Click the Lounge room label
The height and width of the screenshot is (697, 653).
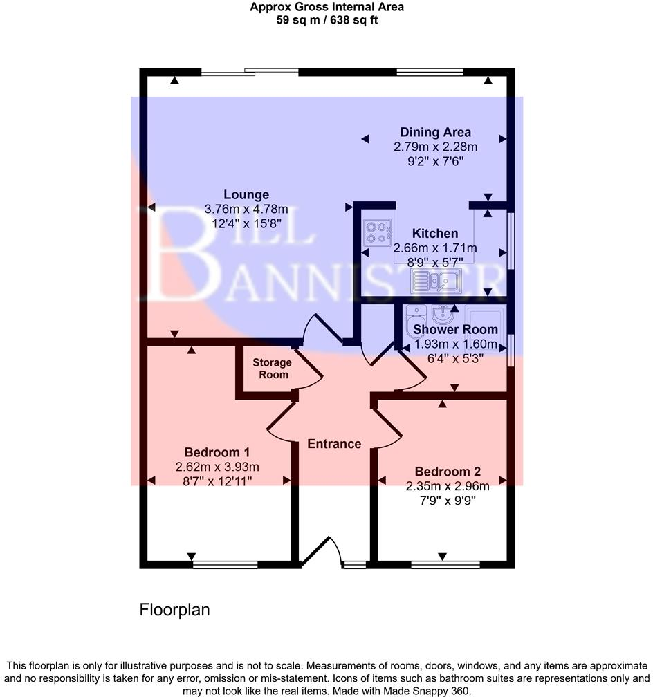click(246, 195)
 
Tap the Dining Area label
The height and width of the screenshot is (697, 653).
click(436, 132)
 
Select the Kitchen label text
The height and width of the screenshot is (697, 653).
click(434, 234)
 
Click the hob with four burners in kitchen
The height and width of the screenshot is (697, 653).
click(377, 232)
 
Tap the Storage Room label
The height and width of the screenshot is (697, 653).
click(272, 369)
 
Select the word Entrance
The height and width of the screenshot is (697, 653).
click(334, 444)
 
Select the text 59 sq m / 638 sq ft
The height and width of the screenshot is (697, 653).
click(326, 20)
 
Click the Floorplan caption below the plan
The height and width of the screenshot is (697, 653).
click(174, 610)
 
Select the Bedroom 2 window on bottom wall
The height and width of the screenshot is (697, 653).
click(443, 565)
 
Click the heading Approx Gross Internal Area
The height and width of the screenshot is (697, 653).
click(326, 7)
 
